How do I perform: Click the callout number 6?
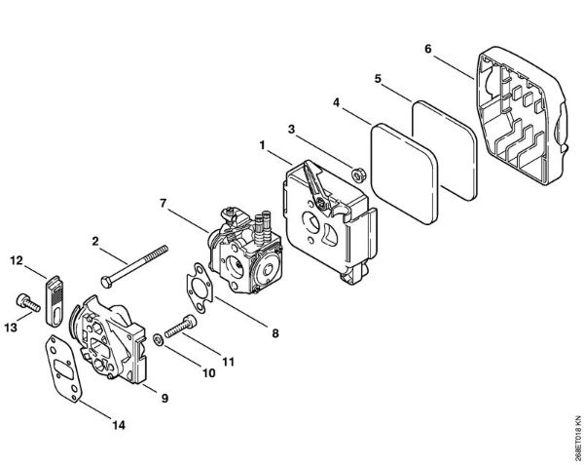[427, 49]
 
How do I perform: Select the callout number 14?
[119, 425]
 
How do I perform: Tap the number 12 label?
[17, 260]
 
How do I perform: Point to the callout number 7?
[163, 204]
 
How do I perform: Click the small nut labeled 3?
[359, 174]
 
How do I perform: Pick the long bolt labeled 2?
[134, 266]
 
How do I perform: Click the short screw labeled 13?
[28, 303]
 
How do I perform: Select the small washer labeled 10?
[158, 339]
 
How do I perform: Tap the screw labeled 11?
[180, 327]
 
